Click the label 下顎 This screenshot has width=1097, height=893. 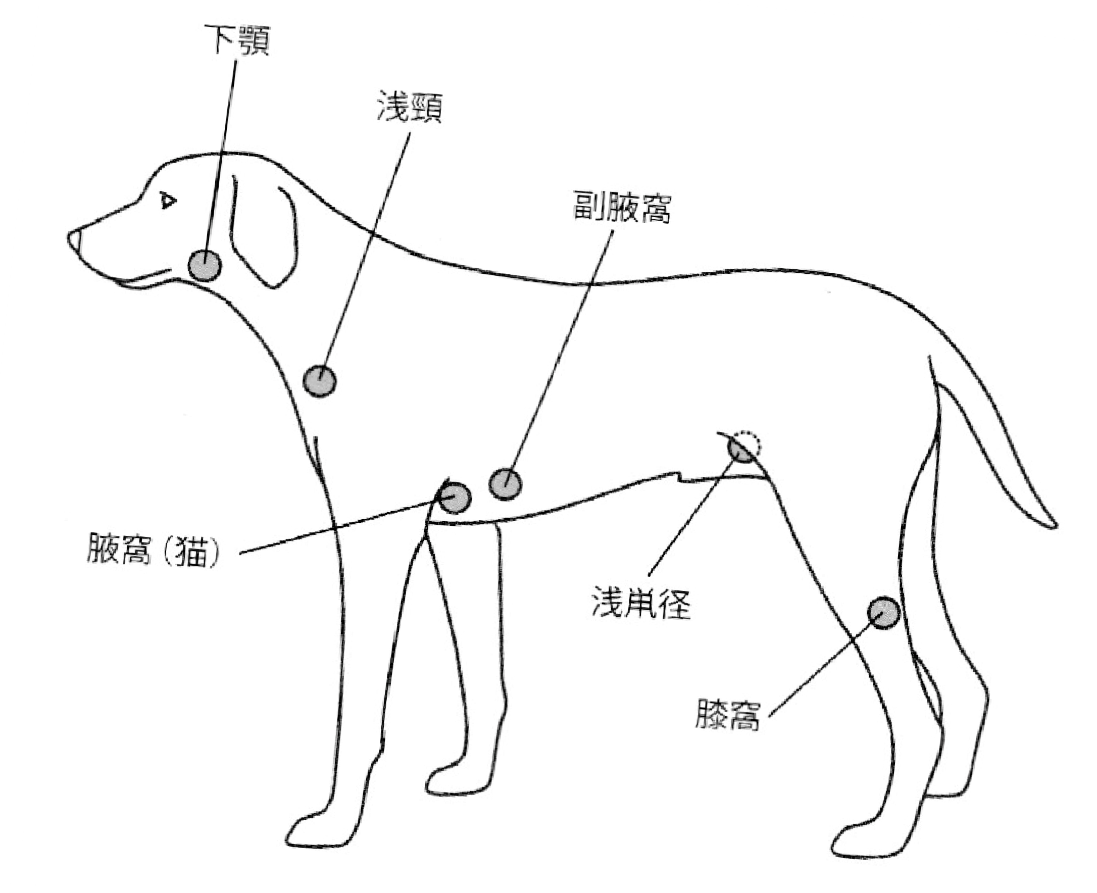[x=237, y=40]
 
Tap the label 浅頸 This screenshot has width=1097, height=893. [x=409, y=107]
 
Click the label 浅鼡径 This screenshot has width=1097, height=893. [x=641, y=602]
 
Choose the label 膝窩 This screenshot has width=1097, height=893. [x=727, y=714]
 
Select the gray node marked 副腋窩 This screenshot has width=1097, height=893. [x=505, y=483]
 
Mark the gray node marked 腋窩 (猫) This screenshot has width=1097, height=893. [x=455, y=498]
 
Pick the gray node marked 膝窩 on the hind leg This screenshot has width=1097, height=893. [x=883, y=612]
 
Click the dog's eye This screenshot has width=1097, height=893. [x=167, y=201]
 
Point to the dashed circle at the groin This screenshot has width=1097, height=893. [x=749, y=442]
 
